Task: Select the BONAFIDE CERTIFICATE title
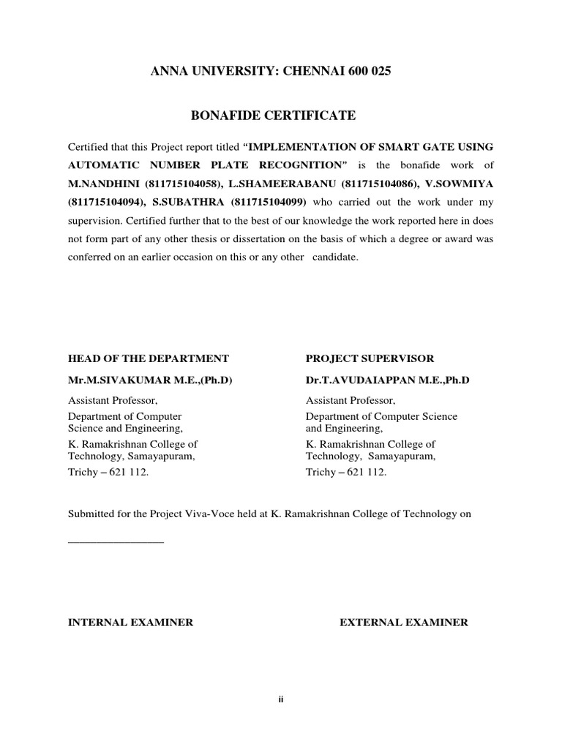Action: pos(273,116)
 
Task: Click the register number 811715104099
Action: pos(270,203)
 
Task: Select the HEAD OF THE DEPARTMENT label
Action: pos(149,358)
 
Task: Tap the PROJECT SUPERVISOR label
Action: pos(370,358)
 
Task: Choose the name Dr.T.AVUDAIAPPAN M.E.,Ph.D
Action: pos(387,381)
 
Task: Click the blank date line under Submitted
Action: pos(116,542)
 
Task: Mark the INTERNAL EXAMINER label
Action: pos(130,622)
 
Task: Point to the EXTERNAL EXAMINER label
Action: pos(403,622)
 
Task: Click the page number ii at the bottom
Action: pos(280,700)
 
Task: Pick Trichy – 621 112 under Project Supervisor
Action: pos(345,473)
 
